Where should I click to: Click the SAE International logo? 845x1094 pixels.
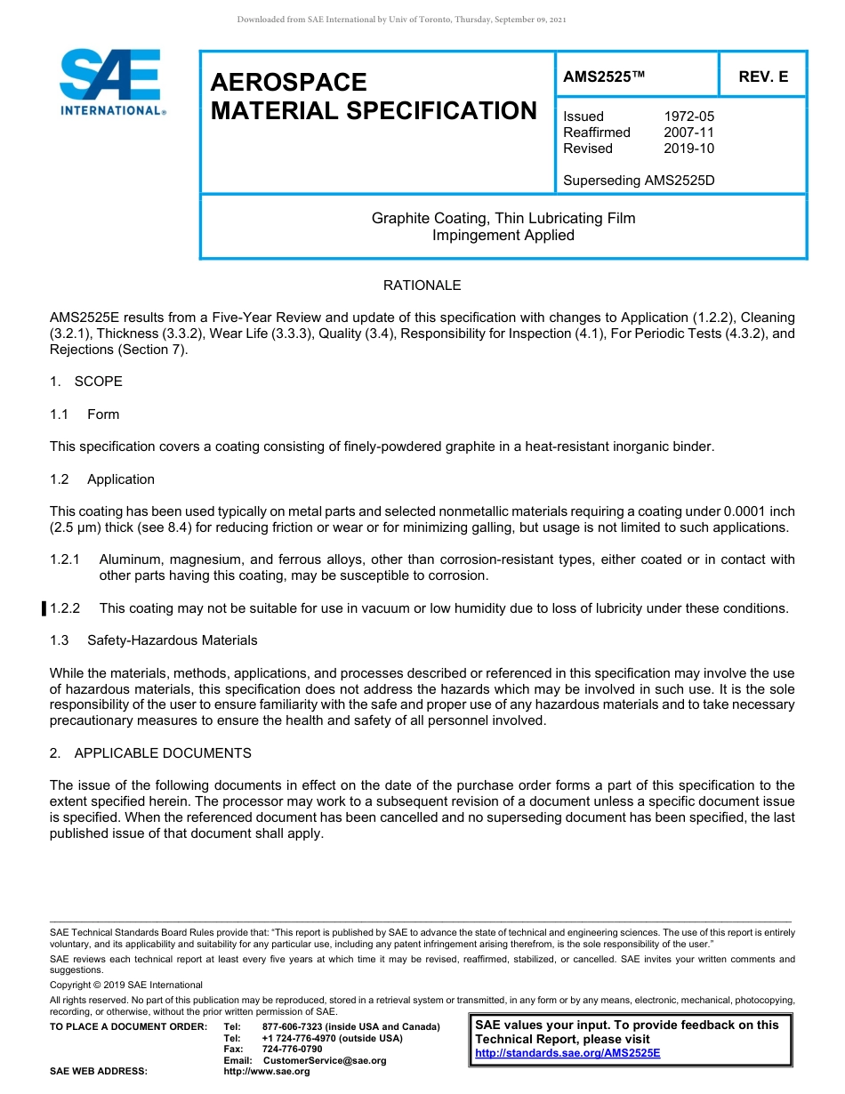coord(111,82)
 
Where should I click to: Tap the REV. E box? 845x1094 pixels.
coord(763,77)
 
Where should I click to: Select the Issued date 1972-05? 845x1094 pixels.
coord(688,117)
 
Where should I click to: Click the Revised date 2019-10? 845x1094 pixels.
coord(688,149)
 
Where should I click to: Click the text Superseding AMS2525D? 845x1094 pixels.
coord(639,181)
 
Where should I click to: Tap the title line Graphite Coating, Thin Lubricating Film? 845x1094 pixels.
coord(503,218)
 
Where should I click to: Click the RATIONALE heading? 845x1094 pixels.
coord(422,286)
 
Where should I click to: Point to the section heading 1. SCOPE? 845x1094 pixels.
coord(86,382)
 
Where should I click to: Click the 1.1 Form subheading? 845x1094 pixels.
coord(84,414)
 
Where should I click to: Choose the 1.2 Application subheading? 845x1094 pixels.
coord(102,479)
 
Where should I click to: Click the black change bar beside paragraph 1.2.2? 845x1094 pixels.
coord(44,608)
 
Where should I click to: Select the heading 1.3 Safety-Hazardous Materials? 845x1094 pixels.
coord(154,640)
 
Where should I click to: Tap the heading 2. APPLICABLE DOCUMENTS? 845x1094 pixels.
coord(150,753)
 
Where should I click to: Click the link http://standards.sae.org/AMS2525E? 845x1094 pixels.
coord(567,1053)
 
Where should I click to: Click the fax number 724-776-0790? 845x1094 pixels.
coord(292,1050)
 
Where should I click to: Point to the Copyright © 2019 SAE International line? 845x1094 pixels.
coord(126,985)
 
